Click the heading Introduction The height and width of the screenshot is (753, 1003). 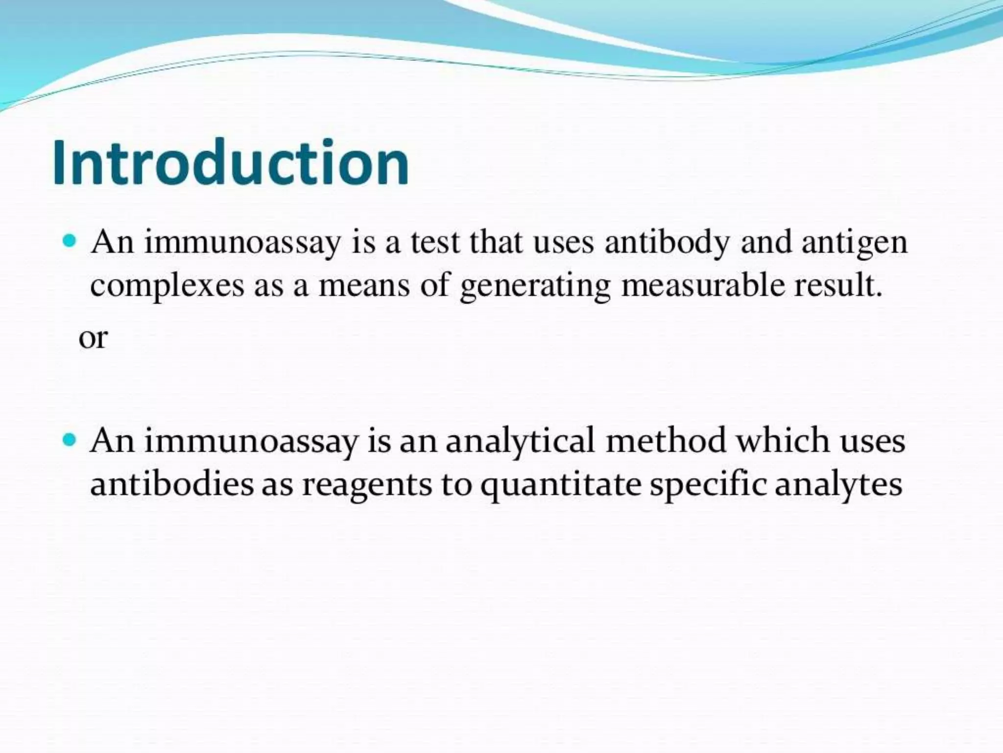pos(230,163)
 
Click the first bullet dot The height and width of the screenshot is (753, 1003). pos(70,241)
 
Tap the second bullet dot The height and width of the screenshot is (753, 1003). pos(70,440)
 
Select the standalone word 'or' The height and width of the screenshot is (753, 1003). pos(93,338)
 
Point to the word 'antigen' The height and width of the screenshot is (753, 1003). pos(854,243)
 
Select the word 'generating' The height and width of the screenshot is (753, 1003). pos(535,286)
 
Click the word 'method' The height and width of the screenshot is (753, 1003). pos(666,440)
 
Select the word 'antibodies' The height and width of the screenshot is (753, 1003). pos(172,484)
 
